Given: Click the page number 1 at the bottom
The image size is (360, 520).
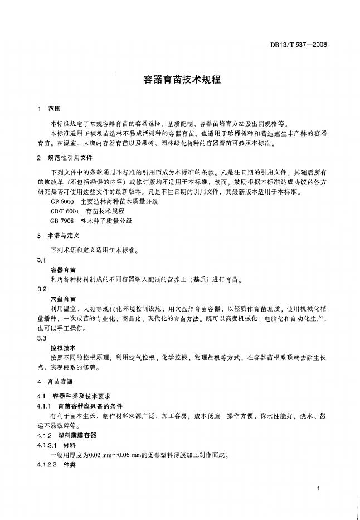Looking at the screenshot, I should pyautogui.click(x=316, y=488).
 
